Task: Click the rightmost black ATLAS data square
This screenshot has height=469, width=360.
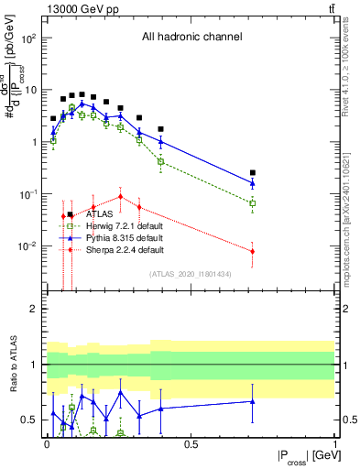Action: point(253,172)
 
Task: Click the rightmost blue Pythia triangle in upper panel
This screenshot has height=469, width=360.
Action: point(253,183)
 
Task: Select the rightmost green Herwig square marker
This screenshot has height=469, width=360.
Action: point(253,203)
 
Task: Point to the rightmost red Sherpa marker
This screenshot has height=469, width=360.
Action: point(253,251)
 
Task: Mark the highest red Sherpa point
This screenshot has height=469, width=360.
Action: point(120,197)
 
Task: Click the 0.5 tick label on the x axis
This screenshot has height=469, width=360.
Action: point(191,442)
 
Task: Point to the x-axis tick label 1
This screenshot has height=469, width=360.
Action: point(334,442)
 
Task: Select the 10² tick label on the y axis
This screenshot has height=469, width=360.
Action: point(29,38)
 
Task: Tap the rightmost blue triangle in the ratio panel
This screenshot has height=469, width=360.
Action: point(253,400)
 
